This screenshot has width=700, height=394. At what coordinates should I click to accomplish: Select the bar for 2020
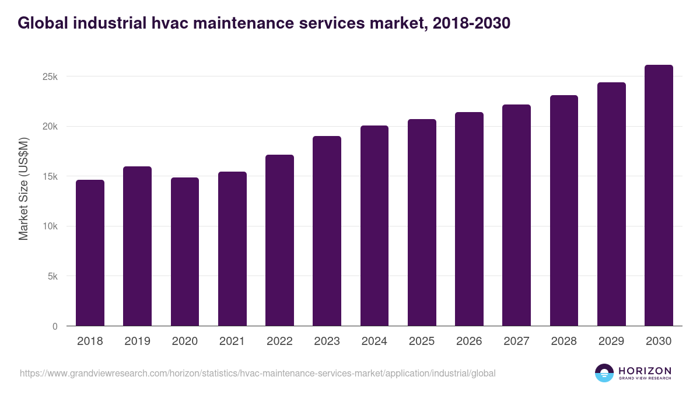pyautogui.click(x=185, y=252)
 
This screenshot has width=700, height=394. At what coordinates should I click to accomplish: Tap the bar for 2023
pyautogui.click(x=327, y=231)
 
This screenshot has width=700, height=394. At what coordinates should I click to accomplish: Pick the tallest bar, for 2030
pyautogui.click(x=659, y=196)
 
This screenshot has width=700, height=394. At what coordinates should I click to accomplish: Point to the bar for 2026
pyautogui.click(x=469, y=219)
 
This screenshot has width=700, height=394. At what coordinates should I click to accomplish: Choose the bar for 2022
pyautogui.click(x=279, y=240)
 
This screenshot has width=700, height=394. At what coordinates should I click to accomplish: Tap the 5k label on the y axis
pyautogui.click(x=52, y=277)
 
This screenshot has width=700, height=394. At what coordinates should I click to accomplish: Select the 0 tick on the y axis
pyautogui.click(x=55, y=326)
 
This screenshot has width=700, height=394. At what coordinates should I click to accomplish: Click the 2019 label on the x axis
pyautogui.click(x=137, y=341)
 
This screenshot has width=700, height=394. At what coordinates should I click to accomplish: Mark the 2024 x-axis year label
pyautogui.click(x=374, y=341)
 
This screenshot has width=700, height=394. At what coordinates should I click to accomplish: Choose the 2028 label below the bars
pyautogui.click(x=563, y=341)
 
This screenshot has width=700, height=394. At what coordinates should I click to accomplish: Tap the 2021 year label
pyautogui.click(x=232, y=341)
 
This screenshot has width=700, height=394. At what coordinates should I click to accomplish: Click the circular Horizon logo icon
pyautogui.click(x=604, y=373)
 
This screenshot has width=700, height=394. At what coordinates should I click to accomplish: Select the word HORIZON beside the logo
pyautogui.click(x=645, y=370)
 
